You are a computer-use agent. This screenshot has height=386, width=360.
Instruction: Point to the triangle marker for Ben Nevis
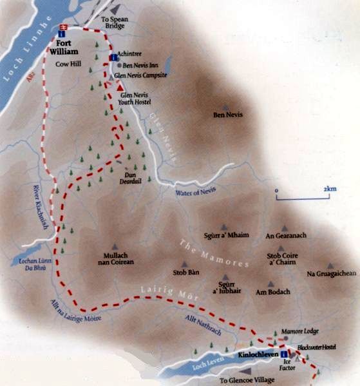(x=225, y=106)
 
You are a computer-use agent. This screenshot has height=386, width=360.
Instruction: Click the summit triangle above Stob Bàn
(x=185, y=264)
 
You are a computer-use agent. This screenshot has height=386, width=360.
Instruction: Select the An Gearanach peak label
(x=283, y=236)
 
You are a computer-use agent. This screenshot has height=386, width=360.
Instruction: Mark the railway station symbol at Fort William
(x=63, y=27)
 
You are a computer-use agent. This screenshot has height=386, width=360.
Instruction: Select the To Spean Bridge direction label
(x=113, y=23)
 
